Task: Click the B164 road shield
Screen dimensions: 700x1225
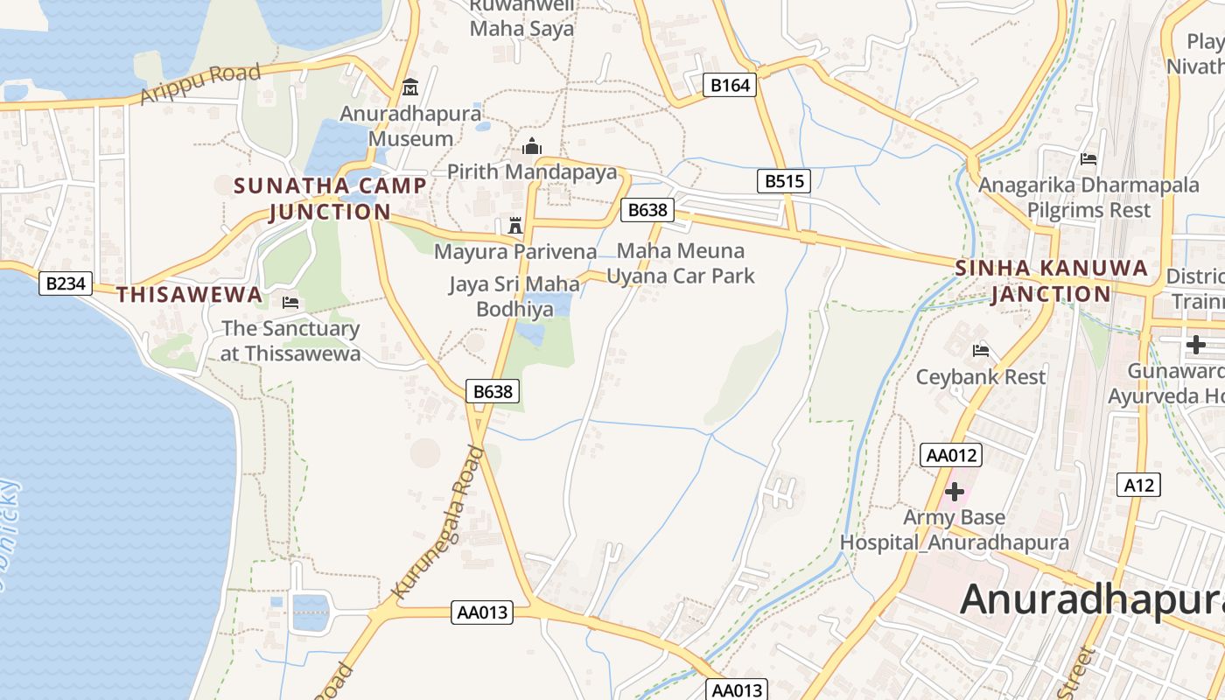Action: pyautogui.click(x=729, y=85)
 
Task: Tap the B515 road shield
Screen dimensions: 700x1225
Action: pyautogui.click(x=783, y=181)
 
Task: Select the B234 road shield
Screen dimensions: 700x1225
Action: pyautogui.click(x=66, y=283)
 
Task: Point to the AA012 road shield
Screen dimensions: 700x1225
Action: pyautogui.click(x=951, y=455)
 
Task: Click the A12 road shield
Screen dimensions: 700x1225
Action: pyautogui.click(x=1139, y=485)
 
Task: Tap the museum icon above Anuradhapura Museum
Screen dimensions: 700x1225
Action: pyautogui.click(x=409, y=87)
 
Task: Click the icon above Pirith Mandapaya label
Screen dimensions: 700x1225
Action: pyautogui.click(x=532, y=146)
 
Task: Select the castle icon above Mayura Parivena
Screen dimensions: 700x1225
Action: pyautogui.click(x=514, y=225)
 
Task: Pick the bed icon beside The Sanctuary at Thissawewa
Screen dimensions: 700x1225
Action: pyautogui.click(x=290, y=303)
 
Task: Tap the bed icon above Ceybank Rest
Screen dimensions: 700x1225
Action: pyautogui.click(x=981, y=351)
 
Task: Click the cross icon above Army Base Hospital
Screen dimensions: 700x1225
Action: pyautogui.click(x=954, y=491)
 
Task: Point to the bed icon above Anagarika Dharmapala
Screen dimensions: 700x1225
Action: pyautogui.click(x=1088, y=158)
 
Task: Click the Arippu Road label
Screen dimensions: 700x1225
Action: pyautogui.click(x=200, y=84)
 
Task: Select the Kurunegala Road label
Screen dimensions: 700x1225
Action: pyautogui.click(x=437, y=523)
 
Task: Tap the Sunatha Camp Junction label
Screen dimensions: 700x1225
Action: pyautogui.click(x=330, y=199)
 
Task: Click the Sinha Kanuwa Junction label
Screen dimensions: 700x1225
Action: pyautogui.click(x=1051, y=281)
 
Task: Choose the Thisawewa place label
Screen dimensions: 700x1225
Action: pyautogui.click(x=190, y=295)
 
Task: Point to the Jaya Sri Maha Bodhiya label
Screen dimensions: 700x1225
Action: pyautogui.click(x=514, y=297)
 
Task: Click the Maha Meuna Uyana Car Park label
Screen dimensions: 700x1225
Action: pyautogui.click(x=681, y=263)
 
